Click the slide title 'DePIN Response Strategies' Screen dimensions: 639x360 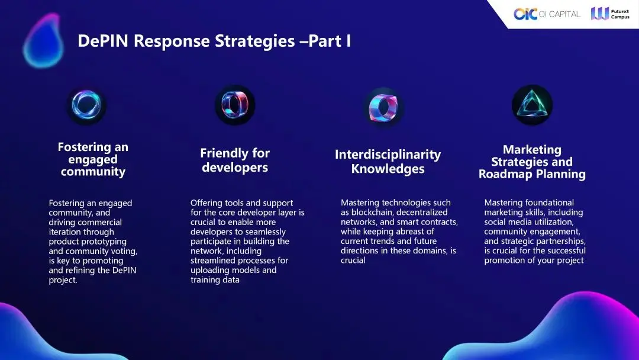[186, 41]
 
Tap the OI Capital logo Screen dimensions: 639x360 [547, 14]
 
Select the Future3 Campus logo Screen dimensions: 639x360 [610, 14]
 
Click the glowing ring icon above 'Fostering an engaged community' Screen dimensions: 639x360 [86, 105]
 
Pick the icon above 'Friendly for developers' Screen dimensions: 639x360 [235, 105]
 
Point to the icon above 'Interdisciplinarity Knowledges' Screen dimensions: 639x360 [383, 108]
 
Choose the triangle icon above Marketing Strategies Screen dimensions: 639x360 [532, 105]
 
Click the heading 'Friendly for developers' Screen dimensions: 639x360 [235, 160]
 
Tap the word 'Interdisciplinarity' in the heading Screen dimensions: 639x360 [388, 155]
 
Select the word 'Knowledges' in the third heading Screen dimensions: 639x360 [388, 169]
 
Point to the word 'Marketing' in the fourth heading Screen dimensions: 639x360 [532, 150]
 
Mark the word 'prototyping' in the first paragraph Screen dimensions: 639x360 [105, 242]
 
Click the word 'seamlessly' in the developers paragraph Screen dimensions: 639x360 [264, 232]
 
